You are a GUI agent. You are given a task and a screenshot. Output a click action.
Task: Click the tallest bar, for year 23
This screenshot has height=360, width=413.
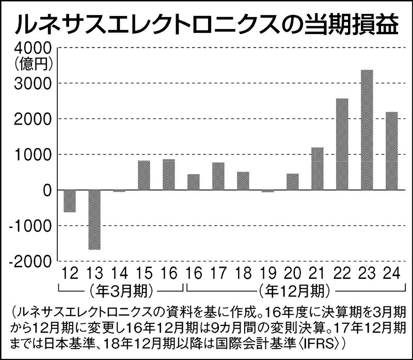point(367,130)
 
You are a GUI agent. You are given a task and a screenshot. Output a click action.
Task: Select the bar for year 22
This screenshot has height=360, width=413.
point(342,144)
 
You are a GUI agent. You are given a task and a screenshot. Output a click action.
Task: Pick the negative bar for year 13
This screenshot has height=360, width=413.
point(94,220)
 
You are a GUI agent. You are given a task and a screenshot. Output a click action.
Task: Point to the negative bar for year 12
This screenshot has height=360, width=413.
point(70,201)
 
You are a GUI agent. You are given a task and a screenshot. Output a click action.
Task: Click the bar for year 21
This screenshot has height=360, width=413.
point(317,169)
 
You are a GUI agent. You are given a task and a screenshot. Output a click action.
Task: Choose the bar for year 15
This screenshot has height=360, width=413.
point(144,176)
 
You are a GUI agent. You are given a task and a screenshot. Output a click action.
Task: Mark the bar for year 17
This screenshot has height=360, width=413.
point(218,176)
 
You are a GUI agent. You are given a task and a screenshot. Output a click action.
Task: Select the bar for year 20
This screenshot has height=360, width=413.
point(293,182)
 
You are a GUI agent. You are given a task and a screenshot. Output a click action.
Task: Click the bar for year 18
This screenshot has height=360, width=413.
point(243,181)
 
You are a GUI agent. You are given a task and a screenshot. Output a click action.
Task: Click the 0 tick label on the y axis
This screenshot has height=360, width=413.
point(45,190)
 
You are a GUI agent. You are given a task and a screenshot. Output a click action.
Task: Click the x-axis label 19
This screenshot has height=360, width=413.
point(268,274)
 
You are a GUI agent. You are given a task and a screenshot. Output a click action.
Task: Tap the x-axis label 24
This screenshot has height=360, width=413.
point(392,274)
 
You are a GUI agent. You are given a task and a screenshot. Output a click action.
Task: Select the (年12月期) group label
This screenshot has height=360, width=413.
point(292,290)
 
